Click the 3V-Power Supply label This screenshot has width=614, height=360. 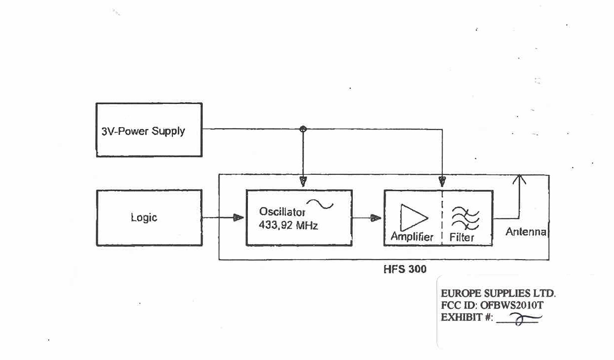click(x=143, y=132)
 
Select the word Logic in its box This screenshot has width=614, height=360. click(x=144, y=217)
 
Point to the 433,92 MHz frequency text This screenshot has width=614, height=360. click(x=288, y=225)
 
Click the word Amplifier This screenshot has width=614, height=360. click(x=412, y=237)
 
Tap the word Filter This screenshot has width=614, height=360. click(x=462, y=237)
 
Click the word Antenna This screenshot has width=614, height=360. click(x=526, y=232)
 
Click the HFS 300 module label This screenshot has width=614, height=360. click(x=405, y=269)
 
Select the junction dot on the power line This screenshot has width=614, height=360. click(x=303, y=129)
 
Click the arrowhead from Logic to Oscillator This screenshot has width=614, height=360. click(x=238, y=217)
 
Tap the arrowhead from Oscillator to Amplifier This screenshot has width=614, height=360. click(x=377, y=217)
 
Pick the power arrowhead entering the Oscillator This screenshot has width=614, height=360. click(x=303, y=182)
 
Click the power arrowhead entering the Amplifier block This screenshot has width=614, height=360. click(x=442, y=182)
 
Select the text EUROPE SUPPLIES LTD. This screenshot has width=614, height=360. click(x=498, y=293)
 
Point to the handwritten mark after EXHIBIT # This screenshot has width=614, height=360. click(x=520, y=319)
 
